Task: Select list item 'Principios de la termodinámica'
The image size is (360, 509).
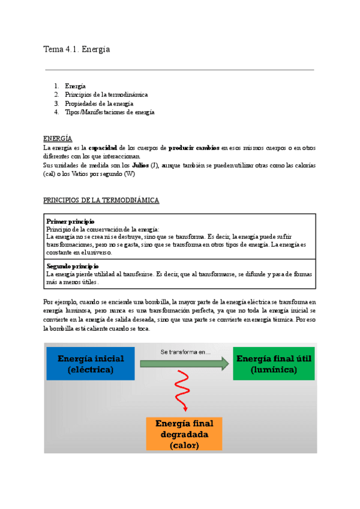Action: coord(106,95)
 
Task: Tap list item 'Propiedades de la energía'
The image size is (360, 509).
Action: coord(99,103)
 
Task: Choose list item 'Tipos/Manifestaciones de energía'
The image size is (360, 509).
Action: coord(110,112)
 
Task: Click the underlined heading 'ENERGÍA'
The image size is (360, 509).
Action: coord(58,139)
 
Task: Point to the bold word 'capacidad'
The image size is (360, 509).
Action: coord(103,148)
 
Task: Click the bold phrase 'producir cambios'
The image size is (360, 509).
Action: coord(194,148)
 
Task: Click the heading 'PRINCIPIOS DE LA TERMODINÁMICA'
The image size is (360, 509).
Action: coord(101,200)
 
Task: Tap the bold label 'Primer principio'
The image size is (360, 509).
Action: coord(70,221)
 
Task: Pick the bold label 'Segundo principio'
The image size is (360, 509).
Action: coord(73,266)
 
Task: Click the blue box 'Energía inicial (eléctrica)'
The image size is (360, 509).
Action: coord(91,364)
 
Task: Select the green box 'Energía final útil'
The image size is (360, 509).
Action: coord(274,364)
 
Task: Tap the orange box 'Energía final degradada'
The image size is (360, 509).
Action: coord(184,434)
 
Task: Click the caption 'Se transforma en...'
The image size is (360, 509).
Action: coord(185,352)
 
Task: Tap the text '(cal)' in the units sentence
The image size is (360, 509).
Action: coord(50,173)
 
